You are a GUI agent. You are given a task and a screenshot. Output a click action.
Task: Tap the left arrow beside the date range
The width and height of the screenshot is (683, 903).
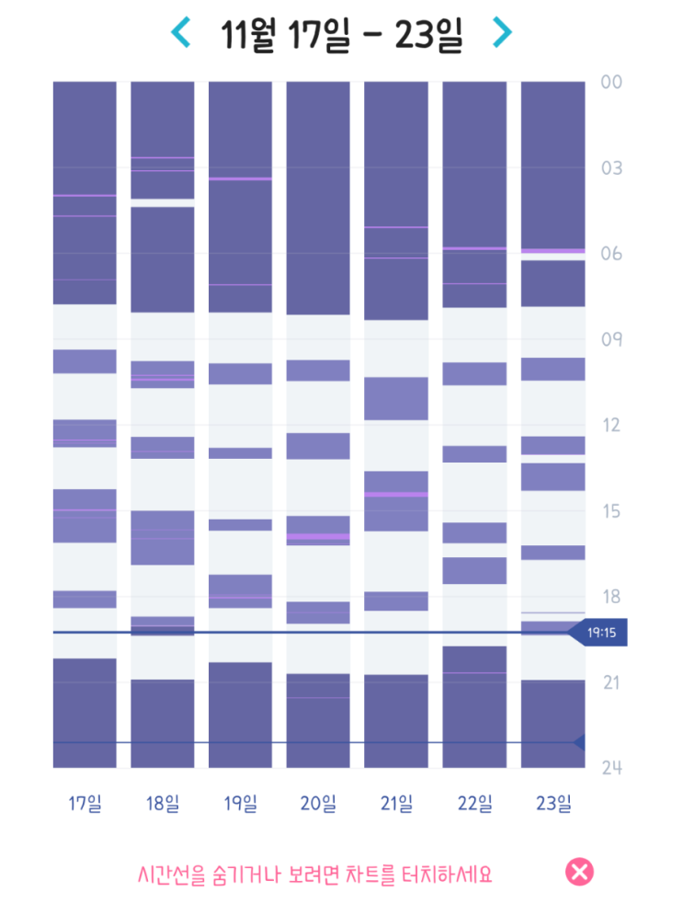(181, 32)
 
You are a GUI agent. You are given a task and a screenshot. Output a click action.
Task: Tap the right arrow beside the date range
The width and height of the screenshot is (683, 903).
(502, 32)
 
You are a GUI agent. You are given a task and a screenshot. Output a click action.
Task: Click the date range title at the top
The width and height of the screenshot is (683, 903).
(342, 35)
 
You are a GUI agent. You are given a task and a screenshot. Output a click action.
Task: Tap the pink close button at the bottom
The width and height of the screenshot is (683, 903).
(579, 872)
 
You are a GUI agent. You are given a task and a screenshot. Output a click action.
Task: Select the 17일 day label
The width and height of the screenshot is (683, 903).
(85, 803)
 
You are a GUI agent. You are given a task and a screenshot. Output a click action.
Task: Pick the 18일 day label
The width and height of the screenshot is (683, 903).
(163, 803)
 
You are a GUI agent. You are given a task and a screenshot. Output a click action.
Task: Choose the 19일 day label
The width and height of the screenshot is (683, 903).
(240, 803)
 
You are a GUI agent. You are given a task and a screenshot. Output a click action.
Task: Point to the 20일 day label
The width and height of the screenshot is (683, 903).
(318, 803)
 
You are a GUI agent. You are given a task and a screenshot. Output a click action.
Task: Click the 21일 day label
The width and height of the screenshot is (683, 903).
(396, 803)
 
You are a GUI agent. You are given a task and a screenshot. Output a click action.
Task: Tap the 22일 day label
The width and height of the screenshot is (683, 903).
(474, 803)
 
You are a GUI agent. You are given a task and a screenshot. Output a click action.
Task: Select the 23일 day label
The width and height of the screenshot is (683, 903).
(553, 803)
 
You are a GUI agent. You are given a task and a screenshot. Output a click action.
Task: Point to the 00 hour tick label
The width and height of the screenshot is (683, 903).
(611, 82)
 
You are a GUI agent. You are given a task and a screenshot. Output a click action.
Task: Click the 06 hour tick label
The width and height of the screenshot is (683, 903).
(611, 254)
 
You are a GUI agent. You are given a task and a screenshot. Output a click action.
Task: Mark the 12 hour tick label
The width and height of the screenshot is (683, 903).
(611, 425)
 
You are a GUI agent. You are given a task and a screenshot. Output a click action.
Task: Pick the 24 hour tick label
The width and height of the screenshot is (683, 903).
(611, 768)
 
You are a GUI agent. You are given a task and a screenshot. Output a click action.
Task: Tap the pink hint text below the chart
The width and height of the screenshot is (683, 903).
(315, 874)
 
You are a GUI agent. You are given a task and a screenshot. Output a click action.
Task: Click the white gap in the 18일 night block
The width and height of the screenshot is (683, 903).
(163, 202)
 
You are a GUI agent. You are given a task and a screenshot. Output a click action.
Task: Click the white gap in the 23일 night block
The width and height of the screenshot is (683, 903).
(552, 257)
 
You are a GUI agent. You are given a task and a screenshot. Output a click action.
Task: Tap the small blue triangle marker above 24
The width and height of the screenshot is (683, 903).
(579, 743)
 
